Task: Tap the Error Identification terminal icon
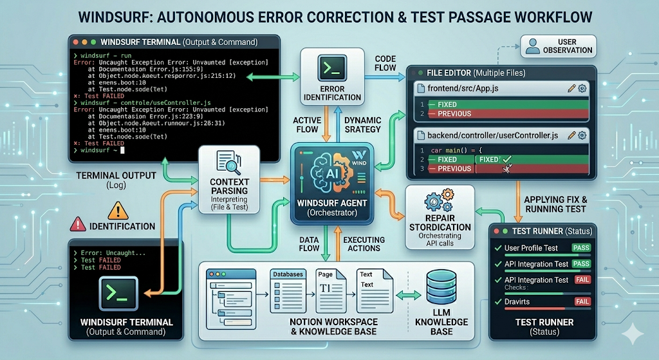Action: pyautogui.click(x=332, y=69)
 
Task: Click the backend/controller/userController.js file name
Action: pyautogui.click(x=492, y=135)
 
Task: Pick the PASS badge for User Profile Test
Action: pyautogui.click(x=581, y=248)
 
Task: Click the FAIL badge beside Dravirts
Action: pyautogui.click(x=582, y=301)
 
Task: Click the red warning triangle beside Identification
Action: pyautogui.click(x=78, y=225)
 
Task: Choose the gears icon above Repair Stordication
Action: pyautogui.click(x=440, y=201)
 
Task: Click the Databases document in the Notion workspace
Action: pyautogui.click(x=286, y=288)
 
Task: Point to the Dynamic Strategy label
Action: pyautogui.click(x=363, y=125)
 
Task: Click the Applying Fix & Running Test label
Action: pyautogui.click(x=555, y=204)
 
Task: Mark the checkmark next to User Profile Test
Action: pyautogui.click(x=497, y=248)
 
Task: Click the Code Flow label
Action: pyautogui.click(x=385, y=63)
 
